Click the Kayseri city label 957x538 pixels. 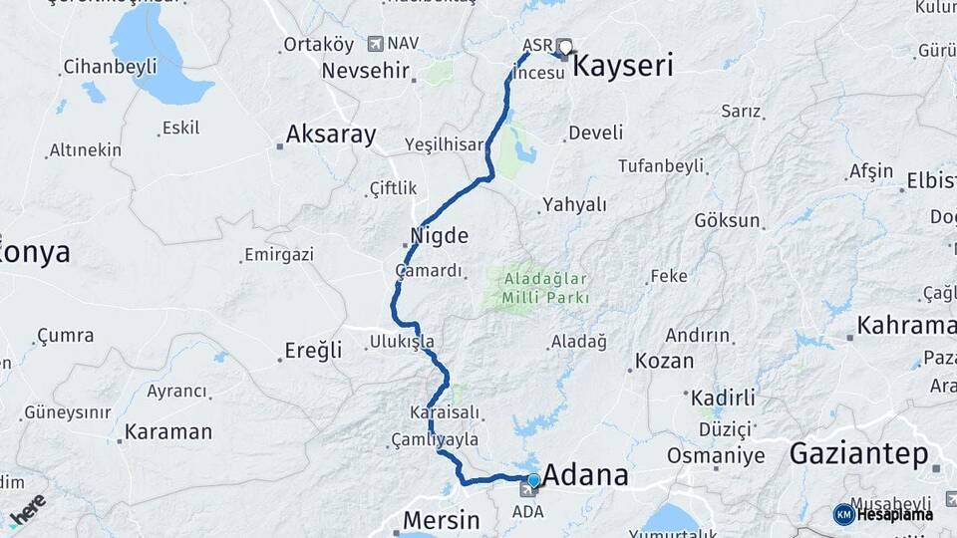click(624, 67)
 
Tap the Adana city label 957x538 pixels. click(586, 474)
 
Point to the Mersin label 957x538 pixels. click(441, 520)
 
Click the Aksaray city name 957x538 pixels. click(331, 134)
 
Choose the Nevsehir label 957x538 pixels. click(366, 71)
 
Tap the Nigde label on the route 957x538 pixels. click(440, 236)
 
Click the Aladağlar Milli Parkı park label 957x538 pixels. click(546, 288)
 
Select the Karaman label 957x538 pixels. click(168, 432)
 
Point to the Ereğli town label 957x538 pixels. click(313, 350)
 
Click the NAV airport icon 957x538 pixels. click(375, 44)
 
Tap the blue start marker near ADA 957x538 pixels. click(533, 481)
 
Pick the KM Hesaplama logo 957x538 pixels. click(883, 514)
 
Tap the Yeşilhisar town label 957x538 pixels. click(444, 144)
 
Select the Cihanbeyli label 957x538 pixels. click(110, 67)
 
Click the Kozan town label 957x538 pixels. click(664, 361)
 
